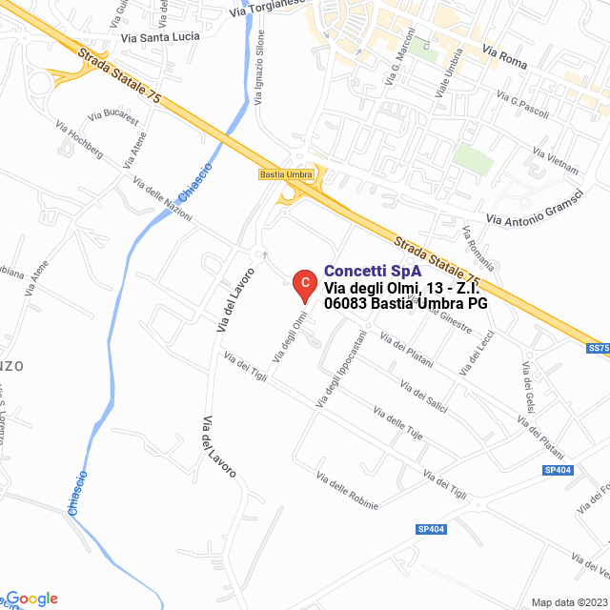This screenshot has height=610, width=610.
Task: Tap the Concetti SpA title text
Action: pyautogui.click(x=373, y=272)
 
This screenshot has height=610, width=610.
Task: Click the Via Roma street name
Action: pyautogui.click(x=504, y=55)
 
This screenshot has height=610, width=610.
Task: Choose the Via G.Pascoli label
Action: pyautogui.click(x=523, y=106)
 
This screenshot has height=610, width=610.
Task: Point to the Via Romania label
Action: pyautogui.click(x=478, y=248)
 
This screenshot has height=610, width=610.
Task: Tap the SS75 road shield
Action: pyautogui.click(x=599, y=349)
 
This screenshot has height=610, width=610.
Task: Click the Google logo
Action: pyautogui.click(x=30, y=599)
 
